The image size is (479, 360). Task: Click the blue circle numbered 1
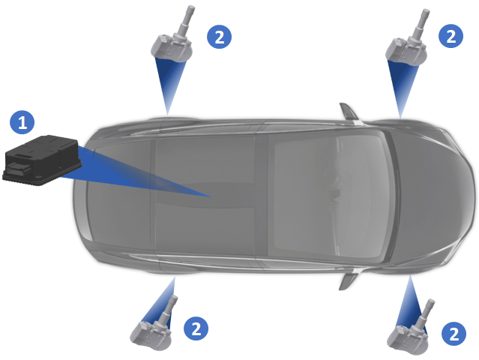[x=22, y=122]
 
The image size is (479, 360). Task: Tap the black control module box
[x=42, y=160]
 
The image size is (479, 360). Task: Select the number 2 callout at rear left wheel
[x=220, y=37]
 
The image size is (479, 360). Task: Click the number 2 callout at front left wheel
[x=451, y=36]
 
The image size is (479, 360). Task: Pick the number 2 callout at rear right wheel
[x=196, y=328]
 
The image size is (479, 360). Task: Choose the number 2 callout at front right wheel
[x=454, y=334]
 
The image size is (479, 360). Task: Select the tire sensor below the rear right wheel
[x=154, y=324]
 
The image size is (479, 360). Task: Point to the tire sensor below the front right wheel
[x=411, y=328]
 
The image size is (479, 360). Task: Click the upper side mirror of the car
[x=349, y=112]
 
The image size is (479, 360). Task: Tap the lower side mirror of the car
[x=348, y=280]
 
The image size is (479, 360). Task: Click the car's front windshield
[x=330, y=196]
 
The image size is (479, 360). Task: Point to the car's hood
[x=434, y=196]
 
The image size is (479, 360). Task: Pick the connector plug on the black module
[x=18, y=168]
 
